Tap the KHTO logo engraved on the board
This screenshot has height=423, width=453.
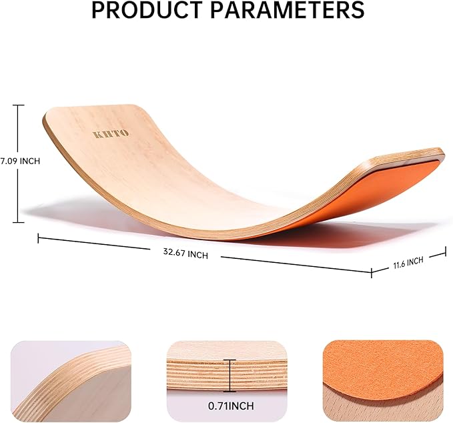pos(110,134)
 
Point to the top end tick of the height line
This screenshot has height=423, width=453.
pos(19,105)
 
